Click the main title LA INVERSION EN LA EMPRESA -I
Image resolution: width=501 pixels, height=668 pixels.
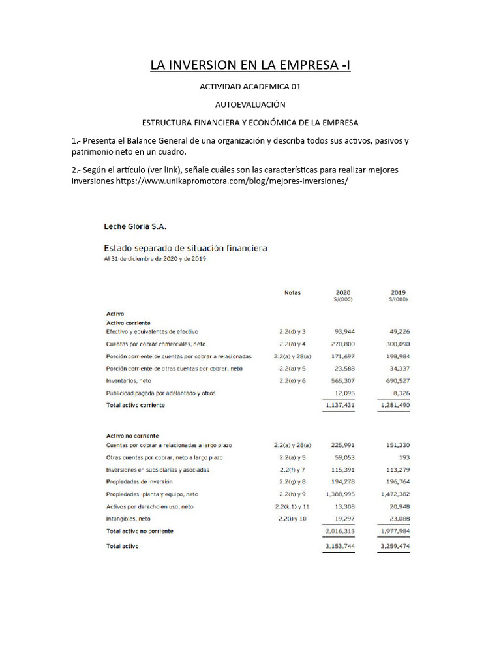point(250,65)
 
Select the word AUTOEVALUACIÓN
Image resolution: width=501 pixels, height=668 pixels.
point(250,104)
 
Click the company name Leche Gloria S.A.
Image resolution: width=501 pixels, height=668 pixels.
point(136,226)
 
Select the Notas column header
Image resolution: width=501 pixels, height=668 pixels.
point(292,293)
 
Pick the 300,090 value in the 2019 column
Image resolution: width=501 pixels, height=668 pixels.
point(397,344)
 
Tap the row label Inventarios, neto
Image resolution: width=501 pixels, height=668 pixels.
point(129,380)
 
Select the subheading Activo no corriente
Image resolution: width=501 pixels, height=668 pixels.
point(132,436)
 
